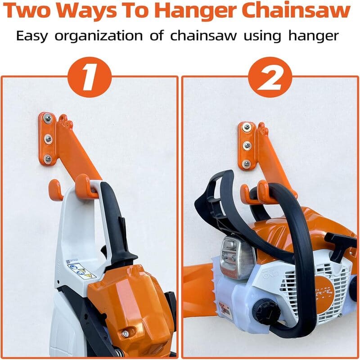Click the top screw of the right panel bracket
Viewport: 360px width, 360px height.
coord(245,127)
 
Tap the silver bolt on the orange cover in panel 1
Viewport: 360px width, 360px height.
coord(125,333)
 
